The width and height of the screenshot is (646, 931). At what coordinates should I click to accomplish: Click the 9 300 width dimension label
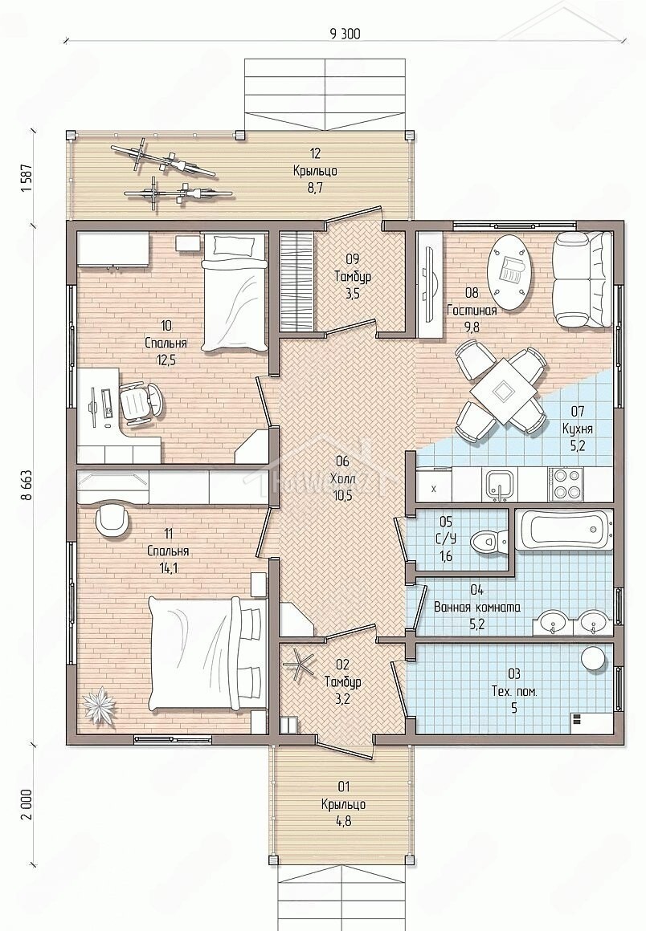point(345,34)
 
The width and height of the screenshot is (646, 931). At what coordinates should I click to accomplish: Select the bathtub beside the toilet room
point(562,529)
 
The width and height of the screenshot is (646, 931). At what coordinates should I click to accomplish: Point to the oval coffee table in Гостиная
point(509,272)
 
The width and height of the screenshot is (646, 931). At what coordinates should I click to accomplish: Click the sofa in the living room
point(583,279)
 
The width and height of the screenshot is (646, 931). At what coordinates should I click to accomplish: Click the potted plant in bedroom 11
point(97,705)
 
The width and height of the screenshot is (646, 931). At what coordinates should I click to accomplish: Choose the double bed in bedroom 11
point(205,653)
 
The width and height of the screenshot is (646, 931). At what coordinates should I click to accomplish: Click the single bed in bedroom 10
point(234,292)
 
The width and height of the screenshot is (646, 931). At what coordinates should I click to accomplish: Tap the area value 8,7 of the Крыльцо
point(315,189)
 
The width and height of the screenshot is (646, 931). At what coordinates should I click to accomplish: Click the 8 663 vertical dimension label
point(27,486)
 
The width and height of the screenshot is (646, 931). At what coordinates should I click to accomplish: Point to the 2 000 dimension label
point(27,805)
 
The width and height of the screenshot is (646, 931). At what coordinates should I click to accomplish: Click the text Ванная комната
point(477,608)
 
